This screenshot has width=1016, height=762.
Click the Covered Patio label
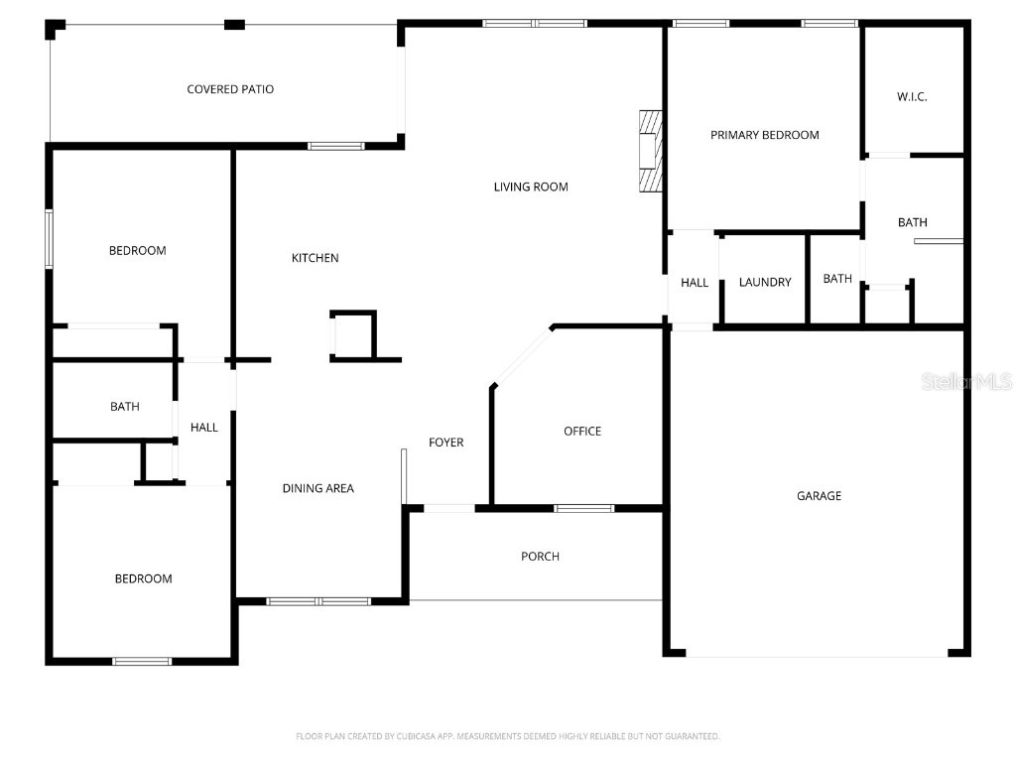coord(230,89)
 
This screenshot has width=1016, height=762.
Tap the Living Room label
coord(531,187)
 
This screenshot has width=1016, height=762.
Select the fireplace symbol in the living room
coord(648,150)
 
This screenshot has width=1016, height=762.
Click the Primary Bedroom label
coord(764,135)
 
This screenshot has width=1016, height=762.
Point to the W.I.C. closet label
coord(912,96)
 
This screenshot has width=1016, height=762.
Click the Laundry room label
coord(765,282)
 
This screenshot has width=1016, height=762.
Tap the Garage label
coord(819,495)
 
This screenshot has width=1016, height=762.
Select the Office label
coord(582,431)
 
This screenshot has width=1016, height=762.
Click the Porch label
coord(540,556)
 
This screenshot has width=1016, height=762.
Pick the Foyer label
coord(445,443)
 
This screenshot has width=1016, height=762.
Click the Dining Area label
coord(317,488)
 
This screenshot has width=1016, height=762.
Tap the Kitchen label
coord(315,258)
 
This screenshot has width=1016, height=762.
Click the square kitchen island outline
coord(353,335)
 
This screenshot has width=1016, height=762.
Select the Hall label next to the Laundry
coord(695,283)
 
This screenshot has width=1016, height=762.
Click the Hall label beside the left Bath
coord(204,428)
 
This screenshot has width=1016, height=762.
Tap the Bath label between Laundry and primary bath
coord(837,279)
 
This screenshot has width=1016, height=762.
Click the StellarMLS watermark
coord(965,381)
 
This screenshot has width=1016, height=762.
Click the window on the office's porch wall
coord(583,509)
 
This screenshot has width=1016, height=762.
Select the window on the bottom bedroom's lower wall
coord(142,661)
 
